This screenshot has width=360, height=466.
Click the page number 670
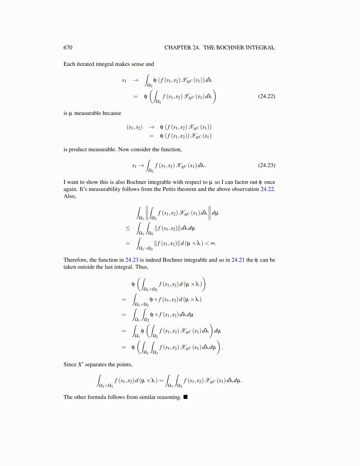[68, 48]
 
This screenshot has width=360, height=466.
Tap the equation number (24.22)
[266, 96]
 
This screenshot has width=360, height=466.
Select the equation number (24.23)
[266, 165]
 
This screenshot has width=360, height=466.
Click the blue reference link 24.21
[238, 260]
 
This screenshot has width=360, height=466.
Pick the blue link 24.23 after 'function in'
[132, 260]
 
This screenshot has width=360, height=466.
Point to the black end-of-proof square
[185, 397]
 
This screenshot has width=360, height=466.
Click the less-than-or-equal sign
[128, 228]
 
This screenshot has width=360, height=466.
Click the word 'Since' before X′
[70, 365]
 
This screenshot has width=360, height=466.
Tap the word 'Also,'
[70, 196]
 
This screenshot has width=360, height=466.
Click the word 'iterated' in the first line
[86, 64]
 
